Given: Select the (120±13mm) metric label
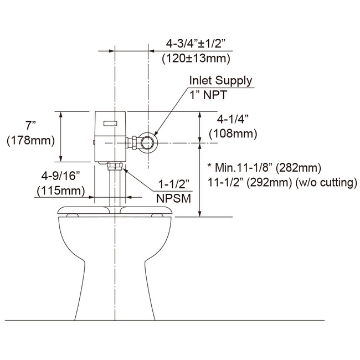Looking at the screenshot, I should click(x=197, y=58).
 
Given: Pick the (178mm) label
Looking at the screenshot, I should click(x=30, y=141).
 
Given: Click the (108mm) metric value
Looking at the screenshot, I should click(x=233, y=133).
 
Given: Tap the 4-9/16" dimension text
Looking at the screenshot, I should click(x=61, y=176).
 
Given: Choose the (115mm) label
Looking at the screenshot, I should click(x=61, y=191).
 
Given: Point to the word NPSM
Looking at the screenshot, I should click(x=172, y=197).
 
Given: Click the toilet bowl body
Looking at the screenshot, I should click(x=114, y=260).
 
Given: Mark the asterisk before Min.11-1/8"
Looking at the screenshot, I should click(x=209, y=167).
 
